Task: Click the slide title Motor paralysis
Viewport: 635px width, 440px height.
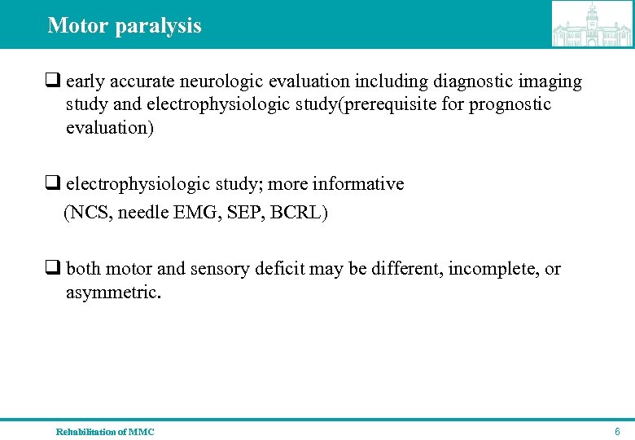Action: (x=125, y=25)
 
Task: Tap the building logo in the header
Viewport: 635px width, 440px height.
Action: (x=592, y=24)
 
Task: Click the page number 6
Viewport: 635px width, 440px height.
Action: (x=617, y=431)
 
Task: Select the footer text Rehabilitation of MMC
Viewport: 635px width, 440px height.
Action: (x=105, y=431)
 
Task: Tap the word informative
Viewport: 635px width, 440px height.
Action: (x=357, y=184)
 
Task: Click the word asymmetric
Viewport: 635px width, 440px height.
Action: (x=113, y=292)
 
